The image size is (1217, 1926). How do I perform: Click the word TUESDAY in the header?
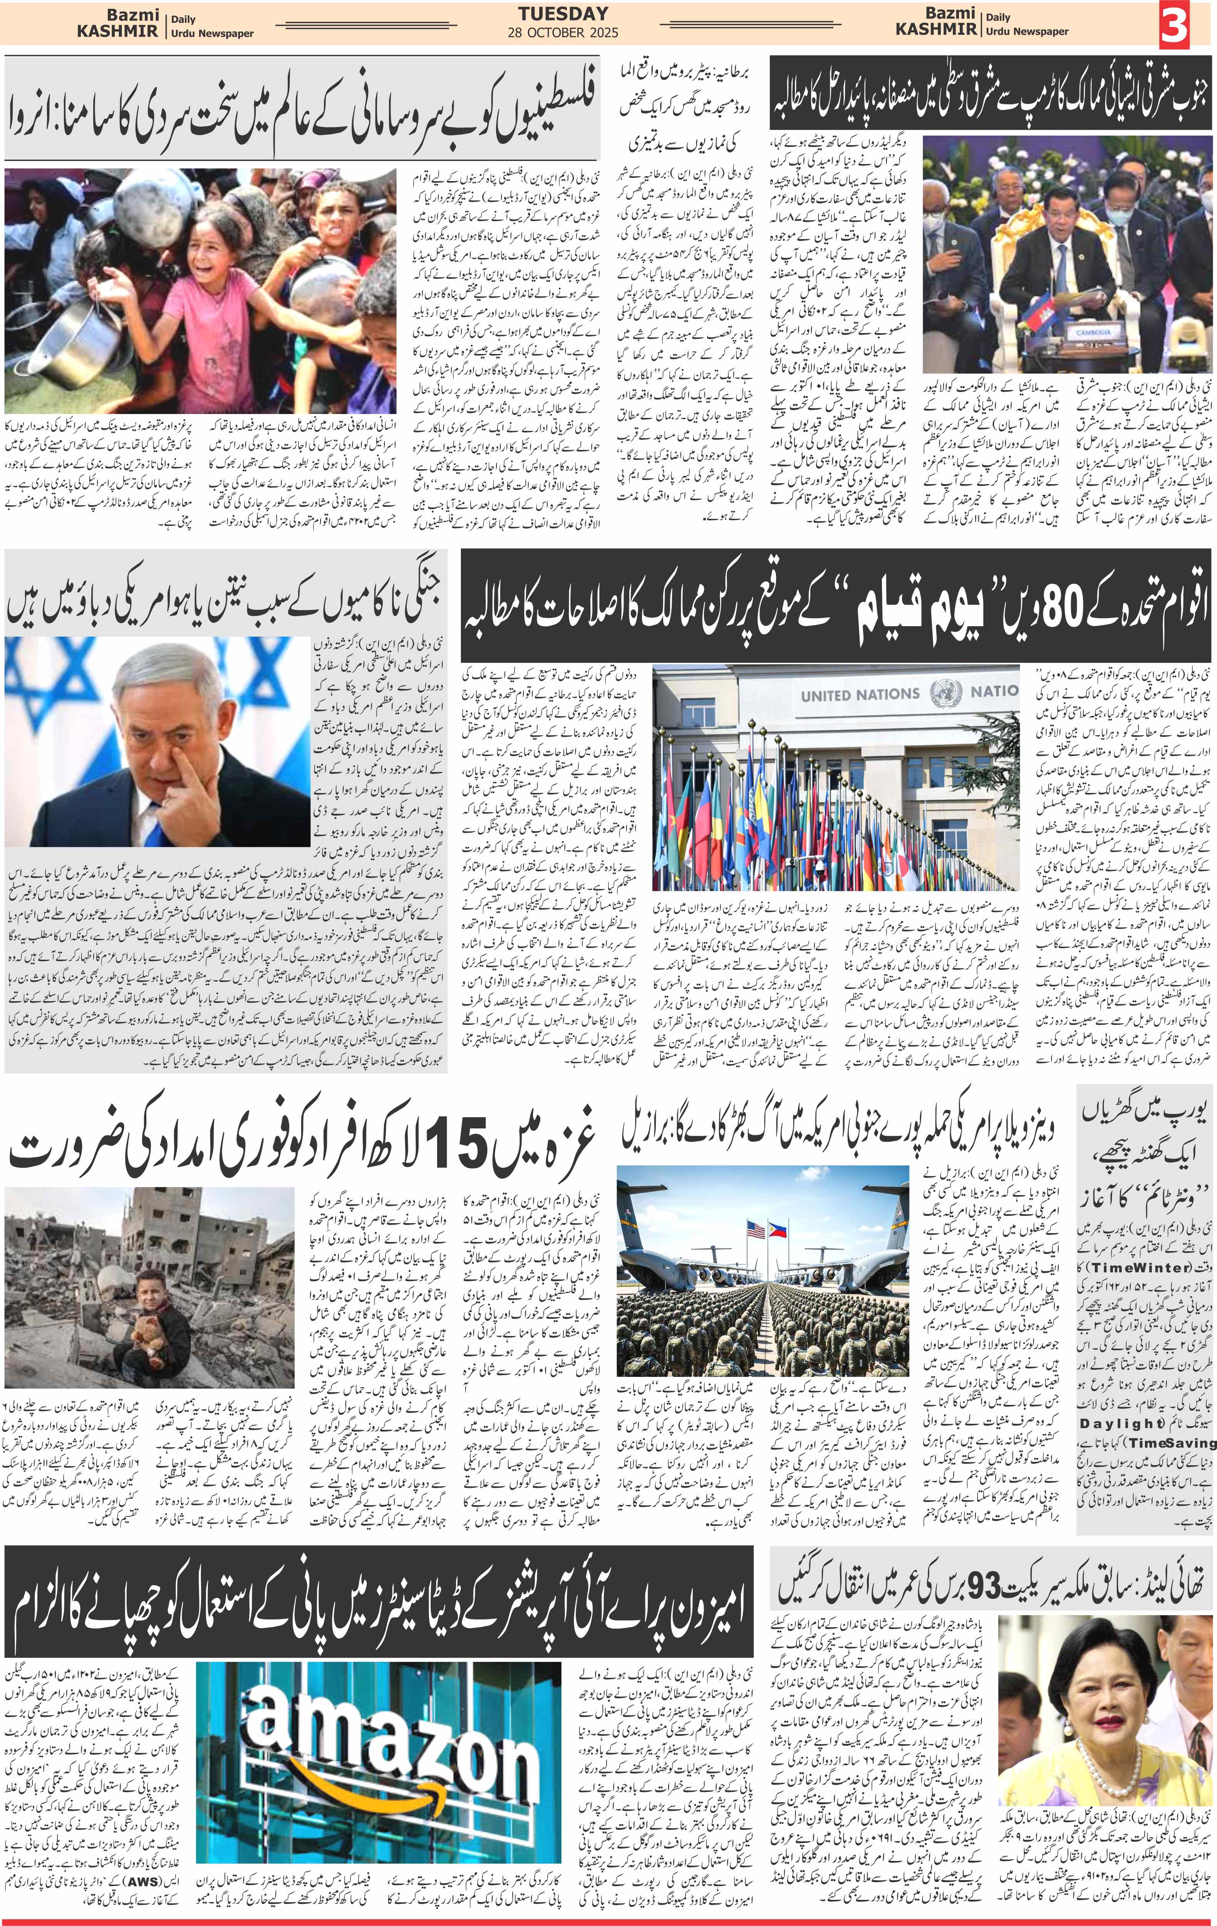pyautogui.click(x=563, y=13)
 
